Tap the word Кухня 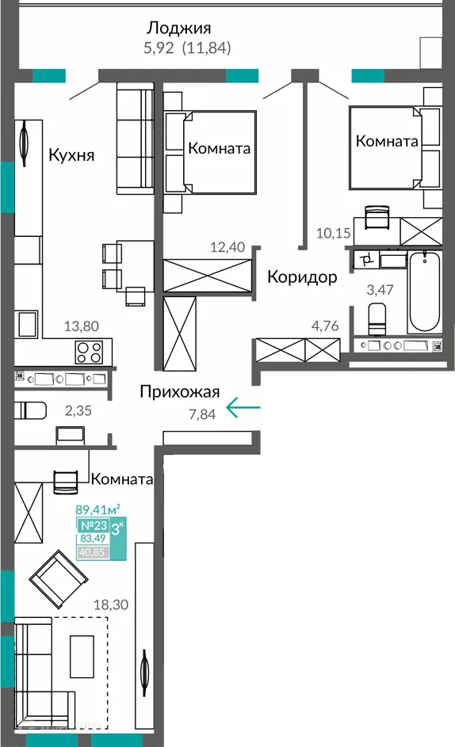click(71, 154)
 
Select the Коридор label click(302, 277)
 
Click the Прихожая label click(180, 391)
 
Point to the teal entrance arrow click(243, 408)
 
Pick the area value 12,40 click(229, 247)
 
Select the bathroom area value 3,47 click(380, 289)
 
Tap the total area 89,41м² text click(97, 509)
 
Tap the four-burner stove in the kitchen click(90, 350)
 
